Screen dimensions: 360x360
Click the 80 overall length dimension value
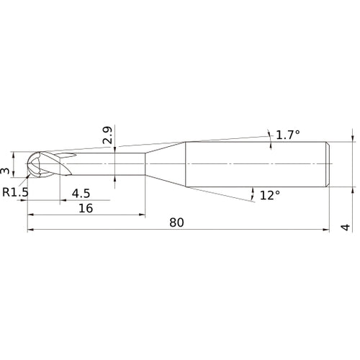176,222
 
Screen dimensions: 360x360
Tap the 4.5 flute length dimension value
81,193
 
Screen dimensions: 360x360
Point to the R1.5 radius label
15,192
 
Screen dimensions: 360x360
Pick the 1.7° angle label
286,134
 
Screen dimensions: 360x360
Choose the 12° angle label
270,195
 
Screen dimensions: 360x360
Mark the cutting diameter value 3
5,171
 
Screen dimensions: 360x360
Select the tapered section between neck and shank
166,164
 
